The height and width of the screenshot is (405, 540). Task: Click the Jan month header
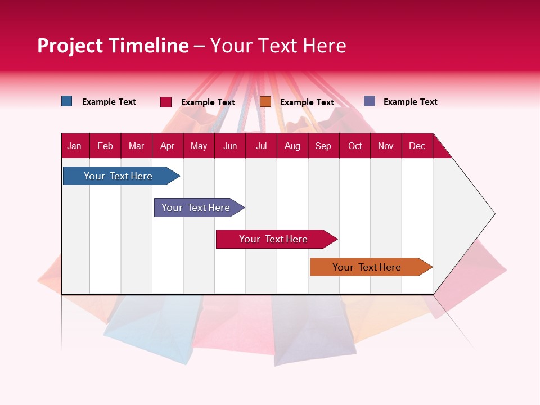tap(74, 146)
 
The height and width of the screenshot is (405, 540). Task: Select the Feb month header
tap(105, 146)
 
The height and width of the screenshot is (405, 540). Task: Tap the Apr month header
tap(167, 146)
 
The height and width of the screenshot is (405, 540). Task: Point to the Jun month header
tap(230, 146)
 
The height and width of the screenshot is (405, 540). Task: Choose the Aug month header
tap(292, 146)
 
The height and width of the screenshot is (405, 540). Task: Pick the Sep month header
tap(323, 146)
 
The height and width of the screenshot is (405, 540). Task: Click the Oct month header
tap(355, 146)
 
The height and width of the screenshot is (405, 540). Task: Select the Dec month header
tap(417, 146)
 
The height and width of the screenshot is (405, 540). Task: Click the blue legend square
tap(67, 101)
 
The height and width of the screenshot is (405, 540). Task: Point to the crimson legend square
tap(166, 102)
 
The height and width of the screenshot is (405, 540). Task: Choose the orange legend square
tap(265, 102)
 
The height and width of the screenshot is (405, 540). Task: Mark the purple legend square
tap(370, 101)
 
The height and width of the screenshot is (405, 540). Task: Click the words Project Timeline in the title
tap(113, 46)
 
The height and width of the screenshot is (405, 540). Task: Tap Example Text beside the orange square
tap(307, 102)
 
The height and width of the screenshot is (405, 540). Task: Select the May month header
tap(199, 146)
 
